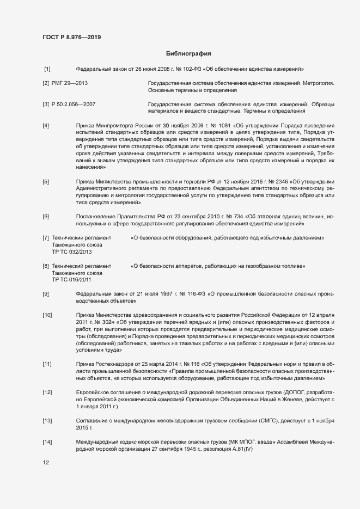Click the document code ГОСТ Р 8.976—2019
tap(71, 37)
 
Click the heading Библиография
tap(188, 54)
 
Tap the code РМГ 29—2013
tap(70, 83)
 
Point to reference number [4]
tap(46, 126)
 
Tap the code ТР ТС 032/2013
tap(72, 252)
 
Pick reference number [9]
tap(46, 294)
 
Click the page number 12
tap(46, 463)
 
